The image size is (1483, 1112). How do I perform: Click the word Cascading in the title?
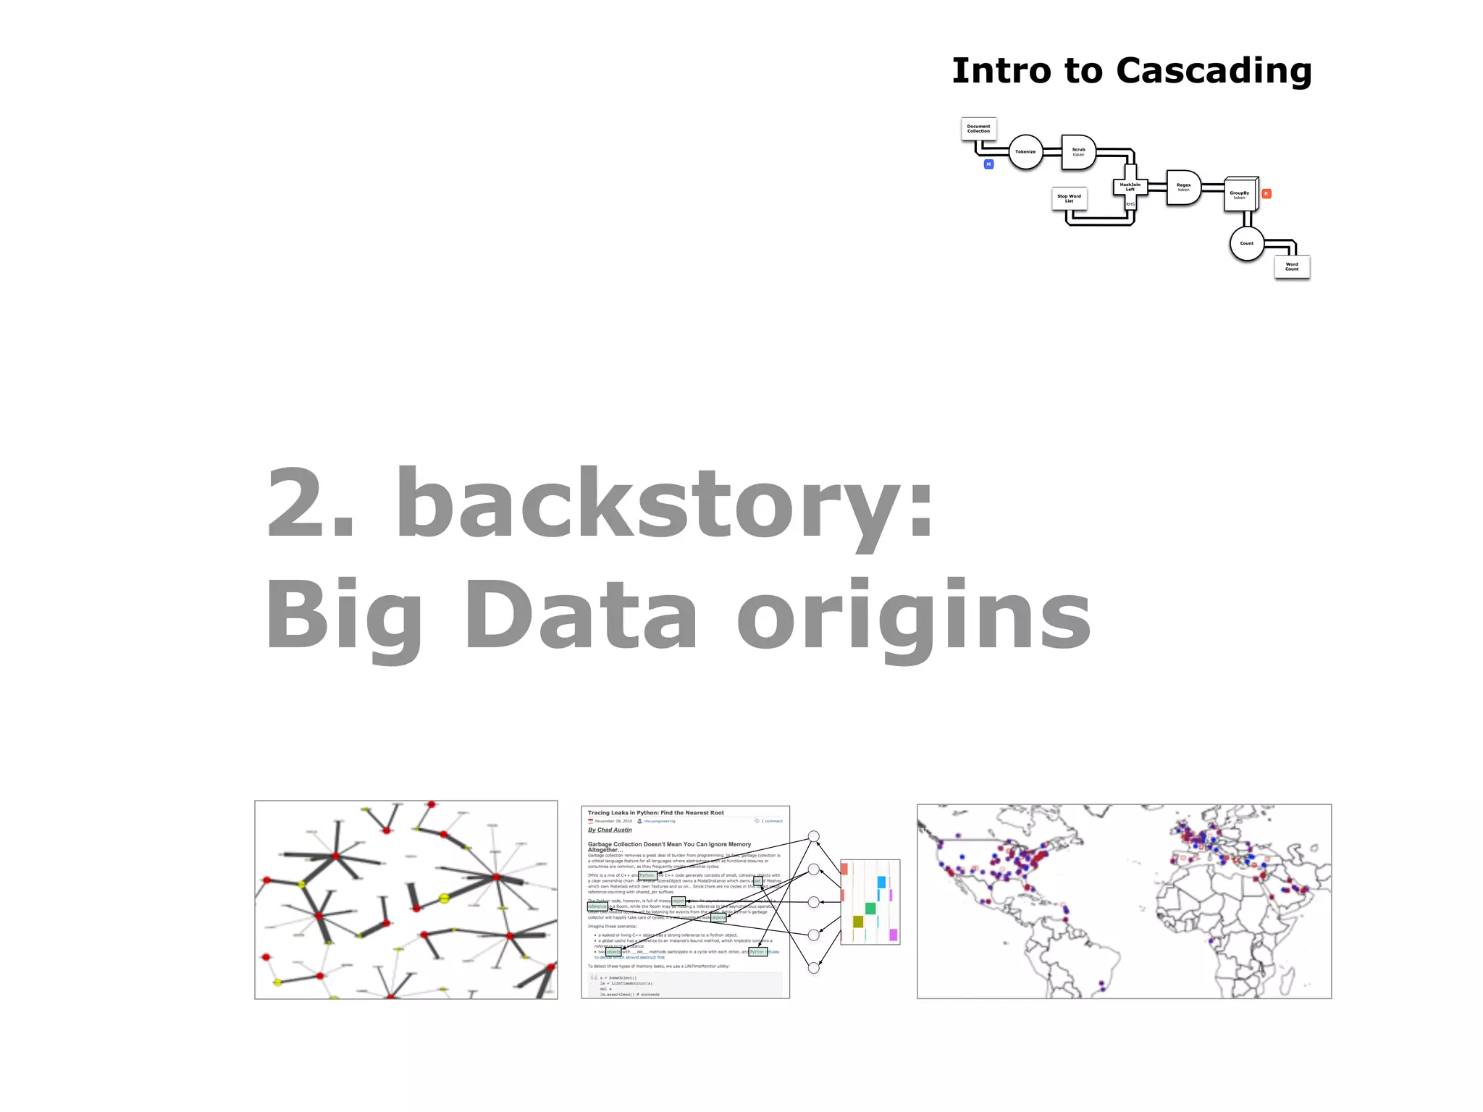pos(1214,71)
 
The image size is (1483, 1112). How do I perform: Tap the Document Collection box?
pos(978,129)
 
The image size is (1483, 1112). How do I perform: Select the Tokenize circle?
pos(1025,152)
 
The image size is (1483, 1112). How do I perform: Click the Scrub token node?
pos(1078,152)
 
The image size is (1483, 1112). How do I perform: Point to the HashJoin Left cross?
pos(1130,187)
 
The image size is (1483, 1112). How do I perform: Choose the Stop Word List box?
pos(1069,198)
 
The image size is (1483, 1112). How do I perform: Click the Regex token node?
pos(1183,188)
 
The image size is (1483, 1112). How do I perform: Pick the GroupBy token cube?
pos(1240,194)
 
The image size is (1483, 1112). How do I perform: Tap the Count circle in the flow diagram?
pos(1246,243)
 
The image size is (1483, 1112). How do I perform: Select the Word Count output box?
pos(1292,266)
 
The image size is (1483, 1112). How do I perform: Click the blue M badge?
pos(988,164)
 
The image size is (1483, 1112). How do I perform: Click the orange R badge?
pos(1266,194)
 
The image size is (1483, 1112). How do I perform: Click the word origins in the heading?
pos(914,615)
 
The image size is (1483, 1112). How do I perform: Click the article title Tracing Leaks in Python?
pos(655,812)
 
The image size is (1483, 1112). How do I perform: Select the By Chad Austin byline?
pos(610,830)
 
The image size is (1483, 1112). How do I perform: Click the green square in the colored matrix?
pos(870,908)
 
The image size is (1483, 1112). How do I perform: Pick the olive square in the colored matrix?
pos(858,922)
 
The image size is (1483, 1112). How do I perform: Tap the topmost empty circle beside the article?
pos(814,836)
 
